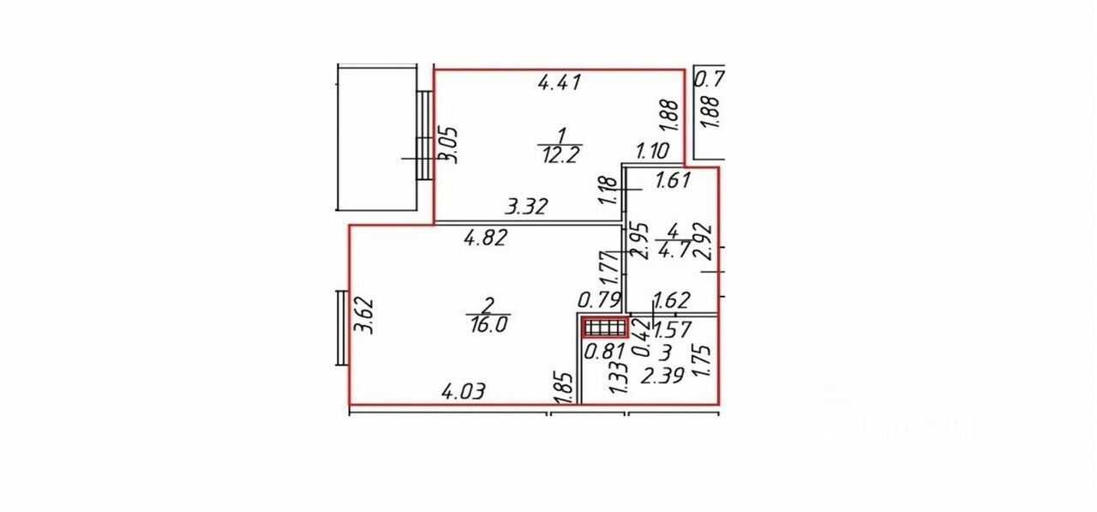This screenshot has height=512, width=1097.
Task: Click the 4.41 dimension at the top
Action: tap(560, 83)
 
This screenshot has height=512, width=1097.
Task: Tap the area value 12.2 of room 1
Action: tap(562, 154)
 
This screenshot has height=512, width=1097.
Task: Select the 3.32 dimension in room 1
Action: tap(527, 207)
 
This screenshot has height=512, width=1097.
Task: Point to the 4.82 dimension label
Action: tap(486, 238)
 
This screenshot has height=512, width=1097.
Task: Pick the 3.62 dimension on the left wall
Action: tap(366, 316)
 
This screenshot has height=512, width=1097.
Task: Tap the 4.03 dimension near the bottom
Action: tap(464, 392)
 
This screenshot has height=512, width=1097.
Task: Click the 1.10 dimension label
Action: tap(652, 152)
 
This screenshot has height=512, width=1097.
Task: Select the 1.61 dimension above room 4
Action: tap(673, 181)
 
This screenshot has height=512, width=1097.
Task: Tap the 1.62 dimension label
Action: tap(672, 301)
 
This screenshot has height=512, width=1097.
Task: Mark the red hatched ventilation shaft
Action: tap(605, 328)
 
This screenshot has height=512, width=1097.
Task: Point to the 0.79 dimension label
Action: tap(599, 301)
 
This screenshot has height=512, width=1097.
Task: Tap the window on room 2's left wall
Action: tap(341, 328)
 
